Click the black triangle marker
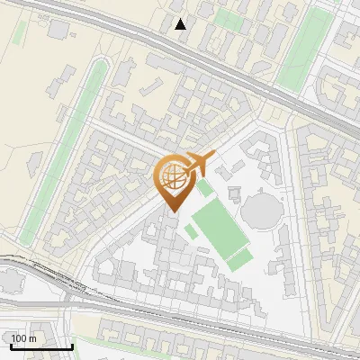point(181,23)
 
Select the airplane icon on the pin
point(197,164)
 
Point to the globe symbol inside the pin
point(172,176)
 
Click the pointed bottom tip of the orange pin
point(173,211)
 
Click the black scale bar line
point(41,346)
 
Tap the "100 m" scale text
point(24,338)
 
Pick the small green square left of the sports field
point(191,231)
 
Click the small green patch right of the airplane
point(206,188)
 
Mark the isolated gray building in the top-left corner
point(58,30)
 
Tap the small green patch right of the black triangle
point(229,21)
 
